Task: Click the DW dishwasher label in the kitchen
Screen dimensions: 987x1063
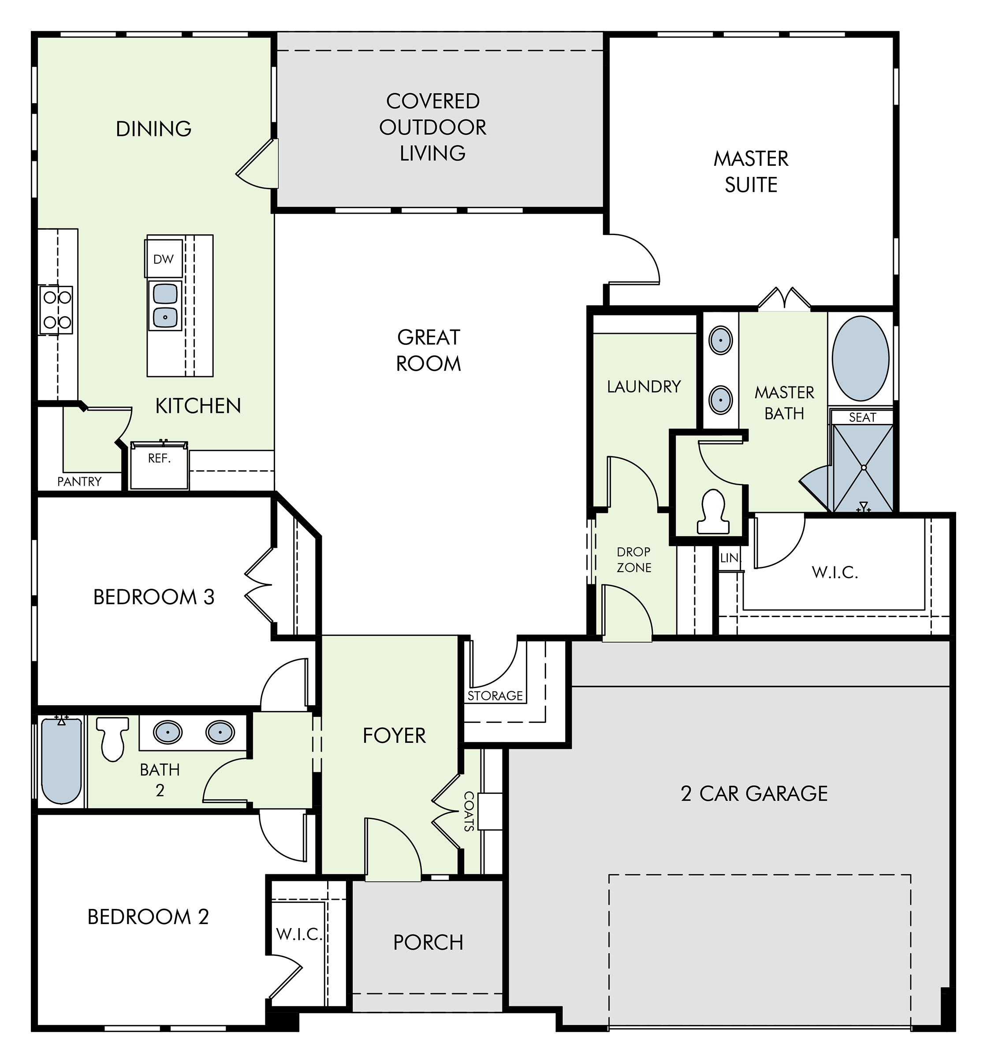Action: [x=164, y=259]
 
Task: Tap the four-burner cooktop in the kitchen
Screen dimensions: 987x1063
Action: [x=56, y=311]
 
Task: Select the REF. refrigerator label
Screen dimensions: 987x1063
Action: [x=159, y=459]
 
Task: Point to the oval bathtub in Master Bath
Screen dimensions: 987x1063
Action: [x=860, y=359]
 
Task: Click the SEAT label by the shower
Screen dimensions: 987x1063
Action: [x=863, y=417]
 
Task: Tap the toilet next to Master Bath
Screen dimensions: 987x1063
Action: [x=714, y=512]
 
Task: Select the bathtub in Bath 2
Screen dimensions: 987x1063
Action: [x=61, y=760]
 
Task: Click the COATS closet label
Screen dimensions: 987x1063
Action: [x=469, y=811]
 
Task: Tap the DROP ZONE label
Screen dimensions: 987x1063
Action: [x=634, y=560]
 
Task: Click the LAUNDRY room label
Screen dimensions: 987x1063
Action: [x=644, y=386]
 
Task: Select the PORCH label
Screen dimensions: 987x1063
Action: [x=428, y=942]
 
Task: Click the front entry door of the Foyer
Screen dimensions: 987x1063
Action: [x=393, y=850]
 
